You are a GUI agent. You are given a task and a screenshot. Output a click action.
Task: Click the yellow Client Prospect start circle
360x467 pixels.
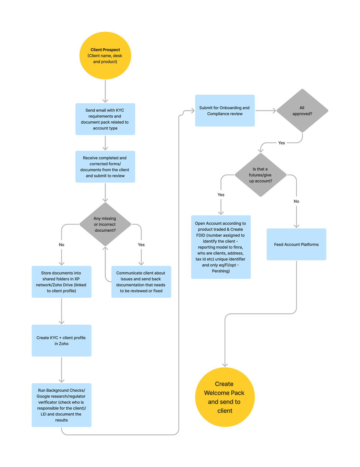[105, 55]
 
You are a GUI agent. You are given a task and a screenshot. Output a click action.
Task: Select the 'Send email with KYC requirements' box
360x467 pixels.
[105, 119]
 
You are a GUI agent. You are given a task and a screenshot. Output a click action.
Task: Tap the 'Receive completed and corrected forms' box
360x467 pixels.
[105, 167]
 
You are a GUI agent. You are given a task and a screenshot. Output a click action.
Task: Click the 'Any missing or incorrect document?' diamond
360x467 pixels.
[105, 224]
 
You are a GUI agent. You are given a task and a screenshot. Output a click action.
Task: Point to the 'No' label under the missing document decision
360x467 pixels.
[61, 245]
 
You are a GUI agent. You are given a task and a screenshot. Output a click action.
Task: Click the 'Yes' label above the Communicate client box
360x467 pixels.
[141, 245]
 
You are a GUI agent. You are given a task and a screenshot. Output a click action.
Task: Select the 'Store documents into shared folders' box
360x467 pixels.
[61, 282]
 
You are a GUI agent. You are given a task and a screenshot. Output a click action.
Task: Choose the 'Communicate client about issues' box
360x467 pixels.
[141, 282]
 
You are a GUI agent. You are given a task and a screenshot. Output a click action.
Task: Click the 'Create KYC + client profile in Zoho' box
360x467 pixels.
[61, 341]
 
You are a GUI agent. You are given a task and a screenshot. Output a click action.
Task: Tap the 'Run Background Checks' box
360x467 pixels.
[61, 405]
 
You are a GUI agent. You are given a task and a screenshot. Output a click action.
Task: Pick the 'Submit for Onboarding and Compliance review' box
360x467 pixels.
[225, 111]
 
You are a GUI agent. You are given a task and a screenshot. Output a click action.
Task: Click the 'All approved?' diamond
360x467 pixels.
[302, 111]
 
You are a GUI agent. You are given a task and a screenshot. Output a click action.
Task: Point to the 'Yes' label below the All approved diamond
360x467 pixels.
[281, 143]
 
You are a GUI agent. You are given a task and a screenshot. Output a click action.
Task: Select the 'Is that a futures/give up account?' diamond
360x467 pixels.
[260, 175]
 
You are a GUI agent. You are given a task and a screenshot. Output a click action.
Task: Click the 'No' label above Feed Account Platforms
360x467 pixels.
[296, 201]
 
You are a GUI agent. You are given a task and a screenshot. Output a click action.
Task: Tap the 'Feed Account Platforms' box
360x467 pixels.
[296, 244]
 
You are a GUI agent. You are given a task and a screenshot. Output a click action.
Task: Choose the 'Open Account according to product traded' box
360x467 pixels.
[221, 247]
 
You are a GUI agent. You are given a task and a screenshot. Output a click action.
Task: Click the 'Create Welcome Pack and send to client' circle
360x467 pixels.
[225, 397]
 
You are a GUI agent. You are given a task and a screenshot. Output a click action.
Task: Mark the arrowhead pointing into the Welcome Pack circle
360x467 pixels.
[225, 365]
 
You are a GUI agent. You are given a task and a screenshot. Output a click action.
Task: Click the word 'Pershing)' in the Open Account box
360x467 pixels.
[221, 271]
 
